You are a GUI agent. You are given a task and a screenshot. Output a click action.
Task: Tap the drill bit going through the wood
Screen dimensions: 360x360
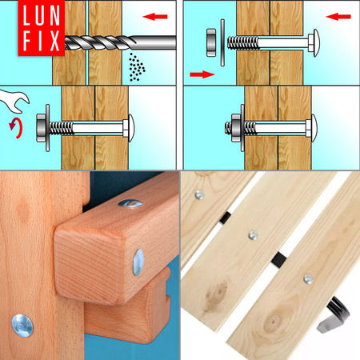(x=104, y=41)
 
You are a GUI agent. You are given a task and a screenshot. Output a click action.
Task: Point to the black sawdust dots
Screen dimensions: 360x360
(x=138, y=67)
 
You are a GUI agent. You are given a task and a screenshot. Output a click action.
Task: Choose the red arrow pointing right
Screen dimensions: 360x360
(x=202, y=74)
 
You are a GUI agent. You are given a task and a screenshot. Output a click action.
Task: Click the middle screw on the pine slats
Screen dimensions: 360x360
(x=253, y=235)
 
